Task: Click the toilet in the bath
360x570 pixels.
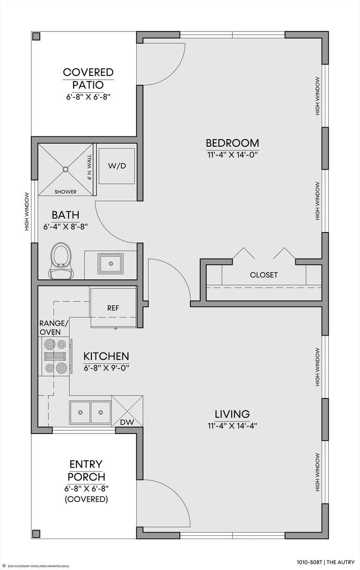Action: click(x=61, y=261)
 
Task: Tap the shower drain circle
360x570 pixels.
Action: click(x=66, y=169)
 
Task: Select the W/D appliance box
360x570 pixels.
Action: click(x=117, y=166)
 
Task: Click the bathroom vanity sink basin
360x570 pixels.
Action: click(x=111, y=263)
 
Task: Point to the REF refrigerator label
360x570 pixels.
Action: click(x=113, y=308)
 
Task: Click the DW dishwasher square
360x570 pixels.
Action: click(x=127, y=411)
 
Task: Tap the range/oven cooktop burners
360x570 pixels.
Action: click(x=55, y=356)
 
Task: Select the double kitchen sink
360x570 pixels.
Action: click(x=90, y=412)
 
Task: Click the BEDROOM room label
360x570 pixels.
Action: click(x=232, y=143)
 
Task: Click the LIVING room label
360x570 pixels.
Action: click(x=232, y=414)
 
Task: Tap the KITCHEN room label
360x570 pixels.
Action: click(x=106, y=356)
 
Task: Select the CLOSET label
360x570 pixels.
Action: click(x=263, y=275)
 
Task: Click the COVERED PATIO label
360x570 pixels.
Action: click(x=88, y=79)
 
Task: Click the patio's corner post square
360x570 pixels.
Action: click(x=37, y=36)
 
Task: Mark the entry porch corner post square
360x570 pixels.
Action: click(x=37, y=533)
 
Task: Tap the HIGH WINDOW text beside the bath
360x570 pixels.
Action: click(x=27, y=212)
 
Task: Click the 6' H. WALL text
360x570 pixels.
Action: click(x=90, y=167)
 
